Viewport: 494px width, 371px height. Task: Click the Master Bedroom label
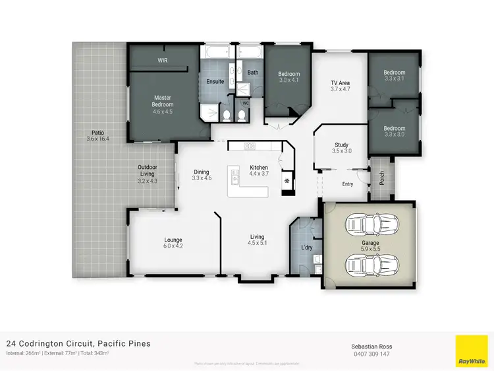point(163,101)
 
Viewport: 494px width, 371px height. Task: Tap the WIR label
point(163,60)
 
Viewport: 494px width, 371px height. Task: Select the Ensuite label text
point(215,82)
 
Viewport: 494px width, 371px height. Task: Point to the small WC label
point(246,102)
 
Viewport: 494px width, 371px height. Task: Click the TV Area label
point(340,83)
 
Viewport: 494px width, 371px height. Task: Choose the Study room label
point(341,145)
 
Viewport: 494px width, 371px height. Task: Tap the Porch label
point(382,178)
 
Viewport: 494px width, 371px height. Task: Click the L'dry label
point(306,248)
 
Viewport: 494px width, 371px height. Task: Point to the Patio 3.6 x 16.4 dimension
point(97,139)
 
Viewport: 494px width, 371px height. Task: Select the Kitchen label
point(259,168)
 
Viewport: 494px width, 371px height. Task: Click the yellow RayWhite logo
point(472,351)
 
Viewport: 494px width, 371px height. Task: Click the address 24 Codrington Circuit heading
point(78,343)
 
